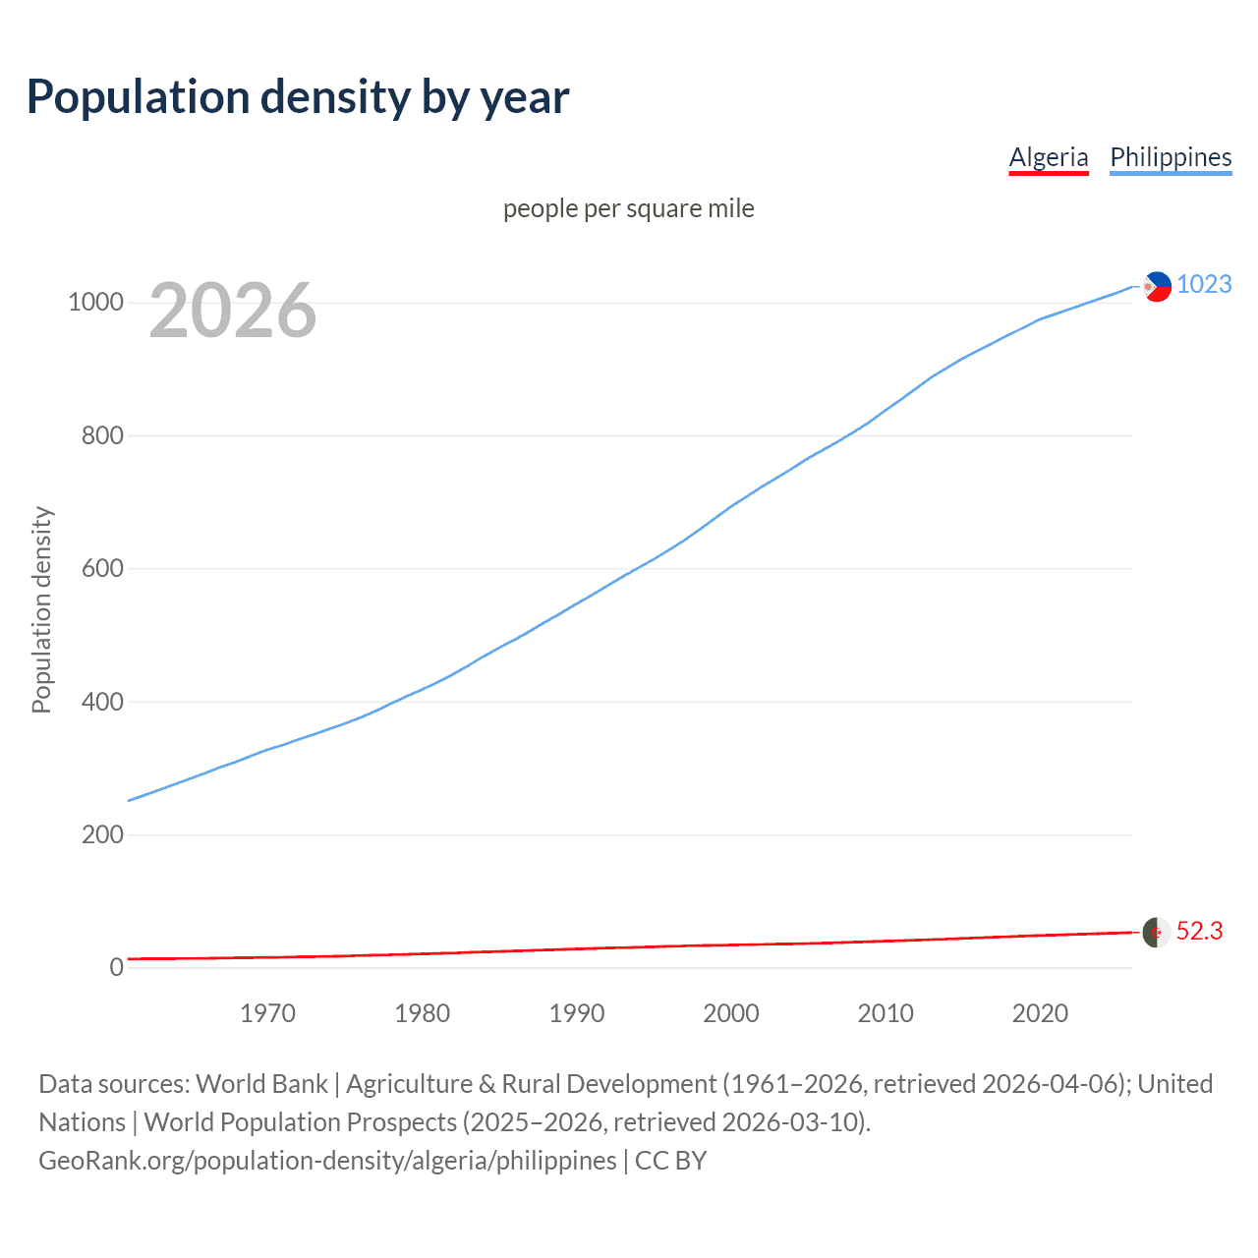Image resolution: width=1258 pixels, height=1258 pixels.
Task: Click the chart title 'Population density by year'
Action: coord(298,97)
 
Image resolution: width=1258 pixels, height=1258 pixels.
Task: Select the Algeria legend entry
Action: coord(1049,157)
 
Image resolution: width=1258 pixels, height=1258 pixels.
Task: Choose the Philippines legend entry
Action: coord(1170,157)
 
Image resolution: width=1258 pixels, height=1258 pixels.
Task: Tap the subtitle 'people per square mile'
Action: coord(628,208)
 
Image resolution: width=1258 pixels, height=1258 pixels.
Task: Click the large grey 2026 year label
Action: coord(233,311)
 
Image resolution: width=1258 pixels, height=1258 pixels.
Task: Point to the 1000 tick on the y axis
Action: coord(95,302)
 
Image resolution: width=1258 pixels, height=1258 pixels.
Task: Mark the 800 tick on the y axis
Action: coord(102,435)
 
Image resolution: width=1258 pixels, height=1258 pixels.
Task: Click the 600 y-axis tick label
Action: coord(102,568)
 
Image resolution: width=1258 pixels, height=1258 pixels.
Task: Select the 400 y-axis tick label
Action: coord(102,702)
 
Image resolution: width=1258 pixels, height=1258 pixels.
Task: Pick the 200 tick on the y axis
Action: coord(102,834)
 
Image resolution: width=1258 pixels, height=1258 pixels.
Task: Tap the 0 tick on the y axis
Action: coord(116,967)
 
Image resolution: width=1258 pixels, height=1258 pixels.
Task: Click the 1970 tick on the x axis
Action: coord(267,1012)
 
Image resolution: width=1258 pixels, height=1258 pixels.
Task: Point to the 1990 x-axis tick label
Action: coord(577,1012)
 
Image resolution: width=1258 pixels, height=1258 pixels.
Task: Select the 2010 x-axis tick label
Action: coord(886,1012)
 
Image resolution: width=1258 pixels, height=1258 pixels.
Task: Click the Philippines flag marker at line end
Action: coord(1157,286)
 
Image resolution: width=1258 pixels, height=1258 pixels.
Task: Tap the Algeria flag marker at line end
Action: coord(1156,932)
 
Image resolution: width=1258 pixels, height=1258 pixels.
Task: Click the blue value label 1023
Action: coord(1204,284)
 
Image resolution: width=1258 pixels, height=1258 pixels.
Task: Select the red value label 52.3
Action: coord(1199,931)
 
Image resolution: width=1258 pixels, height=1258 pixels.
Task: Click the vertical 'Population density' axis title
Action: coord(41,609)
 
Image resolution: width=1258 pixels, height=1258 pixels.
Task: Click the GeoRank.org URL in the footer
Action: coord(327,1161)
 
